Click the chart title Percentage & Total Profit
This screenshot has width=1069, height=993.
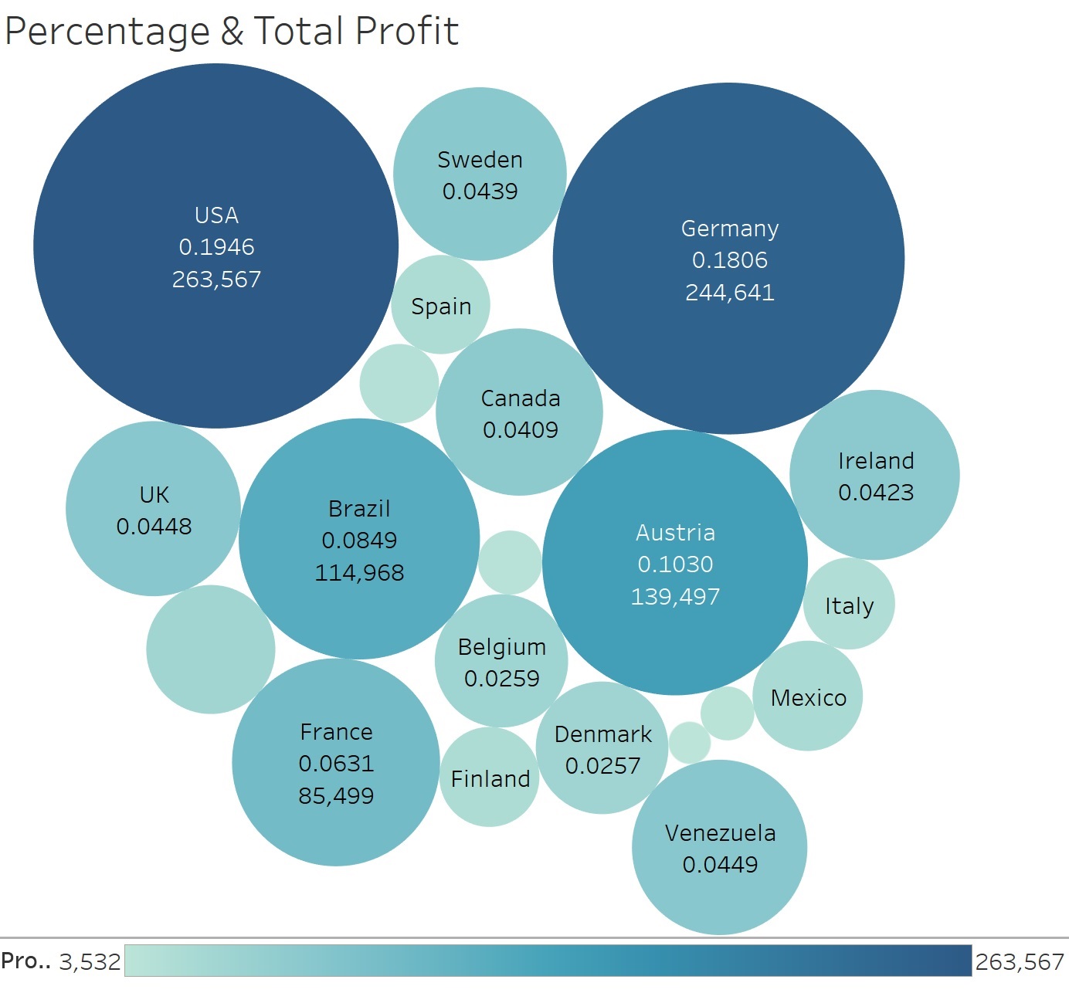232,32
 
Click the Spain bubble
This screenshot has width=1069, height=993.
440,305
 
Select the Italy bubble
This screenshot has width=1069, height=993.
849,605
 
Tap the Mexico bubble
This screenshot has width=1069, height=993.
808,696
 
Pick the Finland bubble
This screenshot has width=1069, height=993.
490,778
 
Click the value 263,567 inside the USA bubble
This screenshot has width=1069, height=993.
216,279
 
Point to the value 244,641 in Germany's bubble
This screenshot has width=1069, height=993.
730,292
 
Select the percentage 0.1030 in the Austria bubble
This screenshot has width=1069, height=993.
676,564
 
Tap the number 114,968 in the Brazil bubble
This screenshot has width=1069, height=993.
359,572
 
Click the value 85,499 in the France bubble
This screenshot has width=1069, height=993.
336,795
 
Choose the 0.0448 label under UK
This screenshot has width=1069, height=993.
154,527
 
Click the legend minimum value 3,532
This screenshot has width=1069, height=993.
90,961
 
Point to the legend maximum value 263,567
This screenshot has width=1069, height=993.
1020,961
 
